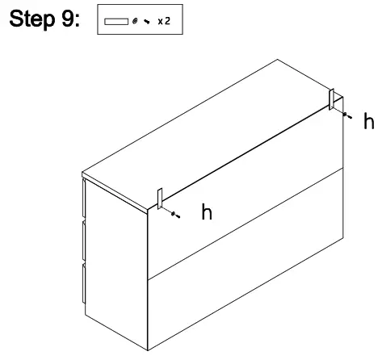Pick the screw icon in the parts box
point(148,21)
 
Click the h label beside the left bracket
point(207,213)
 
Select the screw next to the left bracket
point(174,215)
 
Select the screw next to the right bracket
point(347,116)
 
